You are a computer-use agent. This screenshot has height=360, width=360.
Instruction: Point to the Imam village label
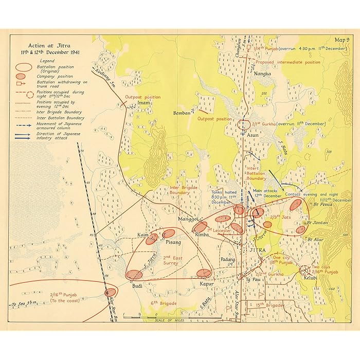point(144,102)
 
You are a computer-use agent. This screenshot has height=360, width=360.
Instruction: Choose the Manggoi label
point(186,219)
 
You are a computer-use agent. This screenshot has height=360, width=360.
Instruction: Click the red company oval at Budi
point(134,275)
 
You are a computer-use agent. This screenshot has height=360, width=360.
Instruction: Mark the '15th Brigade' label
point(267,305)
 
